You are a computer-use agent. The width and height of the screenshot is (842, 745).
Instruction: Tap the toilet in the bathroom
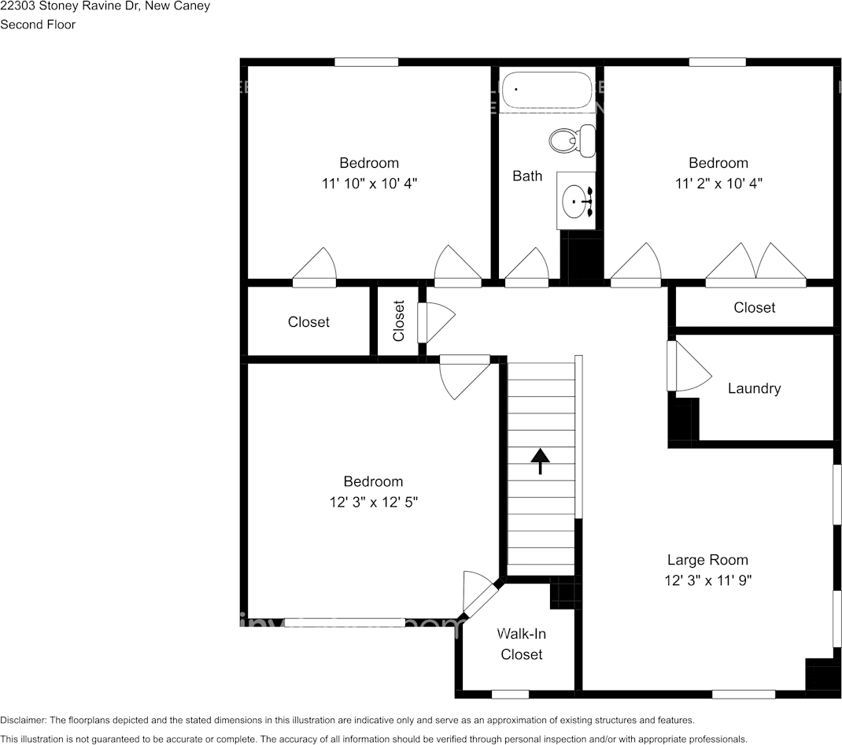[x=573, y=140]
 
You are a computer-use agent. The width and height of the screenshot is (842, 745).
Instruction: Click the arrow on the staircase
[x=540, y=460]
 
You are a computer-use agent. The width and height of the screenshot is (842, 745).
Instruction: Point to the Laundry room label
[x=754, y=388]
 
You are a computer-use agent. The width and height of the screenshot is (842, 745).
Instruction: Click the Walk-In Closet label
[x=521, y=644]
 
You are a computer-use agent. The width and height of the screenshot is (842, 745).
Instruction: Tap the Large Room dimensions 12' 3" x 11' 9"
[x=707, y=580]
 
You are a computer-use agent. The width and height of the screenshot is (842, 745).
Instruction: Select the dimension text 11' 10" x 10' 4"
[x=369, y=183]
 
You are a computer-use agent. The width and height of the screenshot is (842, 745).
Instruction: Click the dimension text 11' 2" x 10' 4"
[x=718, y=183]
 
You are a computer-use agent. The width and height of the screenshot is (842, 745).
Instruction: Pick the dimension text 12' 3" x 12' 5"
[x=373, y=502]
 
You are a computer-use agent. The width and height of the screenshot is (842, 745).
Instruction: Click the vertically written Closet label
[x=399, y=321]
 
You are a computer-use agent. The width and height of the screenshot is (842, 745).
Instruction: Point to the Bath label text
[x=527, y=176]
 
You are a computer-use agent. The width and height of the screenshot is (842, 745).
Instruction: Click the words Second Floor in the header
[x=38, y=24]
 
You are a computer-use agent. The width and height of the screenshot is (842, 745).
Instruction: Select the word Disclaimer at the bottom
[x=24, y=720]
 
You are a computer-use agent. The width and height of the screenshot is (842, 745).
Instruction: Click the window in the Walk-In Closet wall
[x=510, y=694]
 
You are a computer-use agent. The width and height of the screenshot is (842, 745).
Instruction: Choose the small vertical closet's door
[x=434, y=322]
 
